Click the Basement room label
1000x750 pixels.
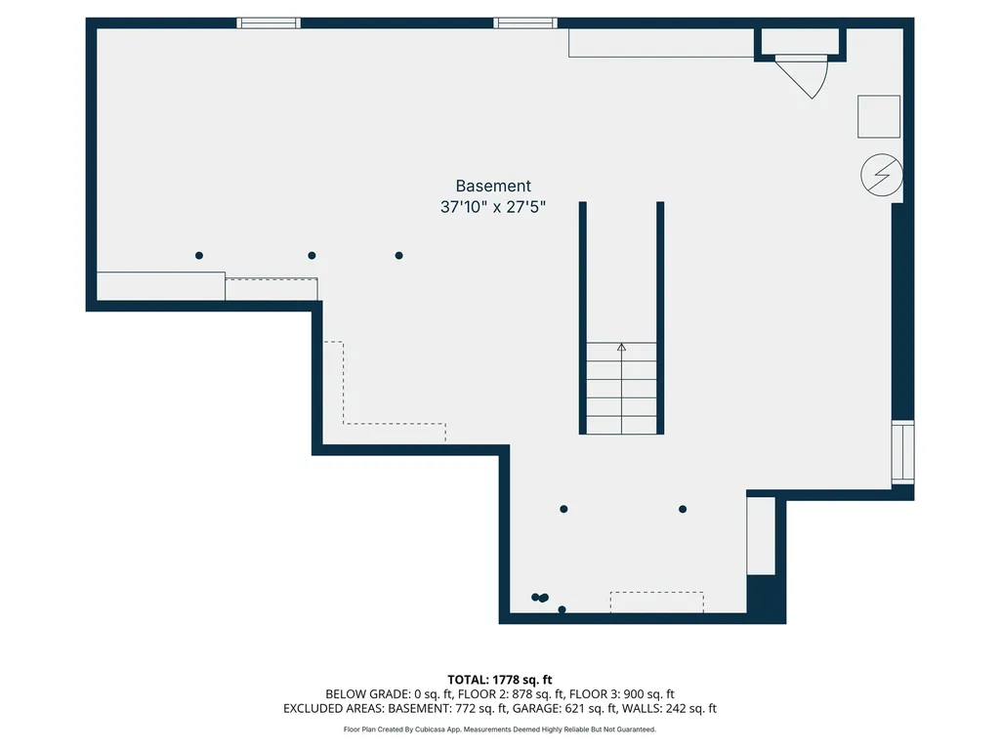[x=493, y=186]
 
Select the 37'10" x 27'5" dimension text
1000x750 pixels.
[x=493, y=207]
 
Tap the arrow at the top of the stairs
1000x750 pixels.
[x=621, y=346]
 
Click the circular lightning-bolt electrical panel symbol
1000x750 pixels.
[x=881, y=176]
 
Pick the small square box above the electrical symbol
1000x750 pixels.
[x=879, y=116]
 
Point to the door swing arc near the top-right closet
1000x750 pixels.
[x=806, y=78]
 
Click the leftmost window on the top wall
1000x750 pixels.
[x=269, y=22]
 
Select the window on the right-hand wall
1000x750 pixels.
[x=903, y=453]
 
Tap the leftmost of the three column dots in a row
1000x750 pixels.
[x=199, y=256]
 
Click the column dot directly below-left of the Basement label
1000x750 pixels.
[x=398, y=256]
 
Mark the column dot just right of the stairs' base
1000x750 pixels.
[x=683, y=509]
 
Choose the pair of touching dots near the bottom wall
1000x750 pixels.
[x=539, y=598]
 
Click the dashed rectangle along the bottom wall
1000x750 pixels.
[x=656, y=602]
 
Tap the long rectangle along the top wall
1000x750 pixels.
[x=661, y=43]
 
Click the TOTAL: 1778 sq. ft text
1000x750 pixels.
[x=500, y=680]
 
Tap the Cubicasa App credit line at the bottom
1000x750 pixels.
[x=500, y=729]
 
